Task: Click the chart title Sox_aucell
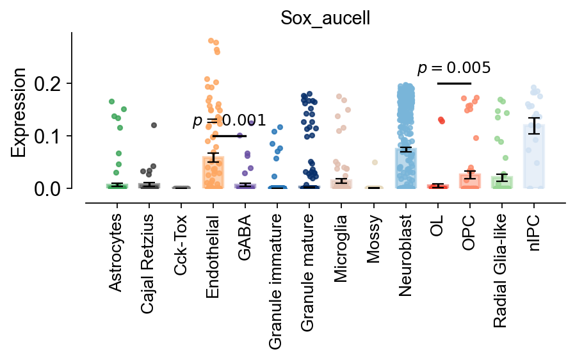tap(325, 18)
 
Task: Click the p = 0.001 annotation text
tap(229, 121)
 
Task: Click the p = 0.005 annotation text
tap(454, 68)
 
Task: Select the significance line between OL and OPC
tap(454, 83)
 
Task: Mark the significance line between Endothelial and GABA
tap(229, 136)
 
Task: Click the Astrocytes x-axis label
tap(116, 254)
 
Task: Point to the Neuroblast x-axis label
tap(405, 255)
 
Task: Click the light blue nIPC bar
tap(534, 160)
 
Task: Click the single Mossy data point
tap(375, 163)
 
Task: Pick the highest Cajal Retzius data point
tap(154, 126)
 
